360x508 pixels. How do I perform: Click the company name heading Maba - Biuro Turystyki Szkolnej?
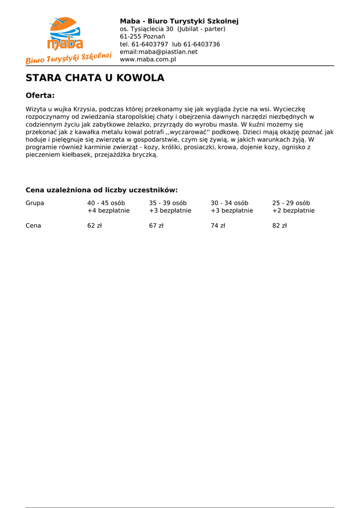[179, 21]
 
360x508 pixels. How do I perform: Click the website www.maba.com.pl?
[148, 60]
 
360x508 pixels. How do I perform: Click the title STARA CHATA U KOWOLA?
[95, 78]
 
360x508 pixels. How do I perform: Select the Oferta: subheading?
[40, 95]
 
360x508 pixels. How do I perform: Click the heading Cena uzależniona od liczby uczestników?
[101, 190]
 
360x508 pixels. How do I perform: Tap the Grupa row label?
[35, 203]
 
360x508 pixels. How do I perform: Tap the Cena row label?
[33, 226]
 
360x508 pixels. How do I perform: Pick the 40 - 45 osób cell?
[106, 203]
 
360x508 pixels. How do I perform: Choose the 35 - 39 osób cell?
[168, 203]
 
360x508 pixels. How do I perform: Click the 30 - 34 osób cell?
[229, 203]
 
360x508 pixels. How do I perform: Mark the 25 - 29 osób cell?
[291, 203]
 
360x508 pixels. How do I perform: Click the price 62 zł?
[94, 226]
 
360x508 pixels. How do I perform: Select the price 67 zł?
[156, 226]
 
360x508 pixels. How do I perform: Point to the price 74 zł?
[217, 226]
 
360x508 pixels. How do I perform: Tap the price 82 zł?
[280, 226]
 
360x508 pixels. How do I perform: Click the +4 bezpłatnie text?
[108, 211]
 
